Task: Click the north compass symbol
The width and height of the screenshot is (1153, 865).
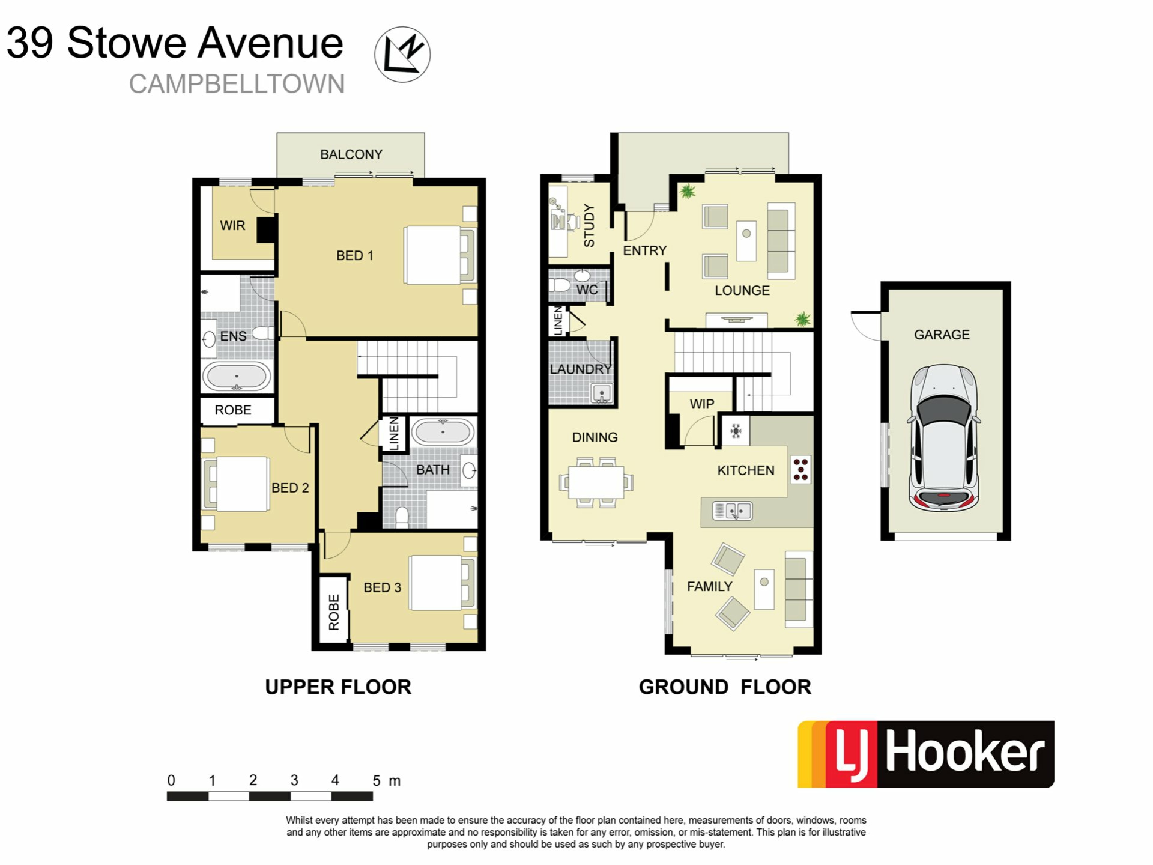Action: [x=402, y=54]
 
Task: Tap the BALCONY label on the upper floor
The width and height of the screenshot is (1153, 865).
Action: [x=351, y=154]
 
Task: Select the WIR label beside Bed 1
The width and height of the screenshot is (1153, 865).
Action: [x=232, y=226]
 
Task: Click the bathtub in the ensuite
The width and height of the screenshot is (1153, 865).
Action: [x=237, y=377]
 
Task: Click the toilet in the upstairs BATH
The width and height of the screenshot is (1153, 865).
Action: [x=402, y=517]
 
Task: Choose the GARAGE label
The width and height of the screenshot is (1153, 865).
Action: [x=942, y=335]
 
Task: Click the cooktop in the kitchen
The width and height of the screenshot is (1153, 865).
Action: [x=800, y=470]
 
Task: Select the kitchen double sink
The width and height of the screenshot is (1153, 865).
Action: [x=732, y=511]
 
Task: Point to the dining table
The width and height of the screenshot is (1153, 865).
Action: [x=596, y=482]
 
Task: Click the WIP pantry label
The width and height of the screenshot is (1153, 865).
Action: [x=702, y=404]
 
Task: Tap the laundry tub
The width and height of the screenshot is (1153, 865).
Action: [x=601, y=394]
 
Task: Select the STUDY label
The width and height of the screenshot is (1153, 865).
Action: [x=589, y=226]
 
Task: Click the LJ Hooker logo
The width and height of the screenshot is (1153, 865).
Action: [x=925, y=754]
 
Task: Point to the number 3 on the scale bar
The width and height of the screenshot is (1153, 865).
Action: [x=294, y=780]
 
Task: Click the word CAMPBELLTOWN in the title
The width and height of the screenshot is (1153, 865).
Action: [x=237, y=84]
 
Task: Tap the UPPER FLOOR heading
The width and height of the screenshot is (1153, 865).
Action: [x=338, y=687]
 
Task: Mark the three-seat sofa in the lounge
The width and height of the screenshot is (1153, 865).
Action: [x=781, y=241]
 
